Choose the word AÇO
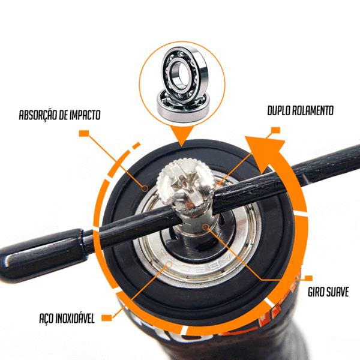click(46, 318)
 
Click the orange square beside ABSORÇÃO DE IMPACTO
click(84, 133)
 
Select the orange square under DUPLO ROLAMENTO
click(275, 130)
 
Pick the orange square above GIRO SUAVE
click(308, 278)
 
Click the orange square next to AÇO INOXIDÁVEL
click(107, 318)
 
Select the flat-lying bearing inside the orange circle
click(183, 106)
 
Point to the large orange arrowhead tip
click(245, 136)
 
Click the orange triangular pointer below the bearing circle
click(182, 135)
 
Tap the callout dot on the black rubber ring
click(145, 188)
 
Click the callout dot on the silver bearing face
click(169, 265)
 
